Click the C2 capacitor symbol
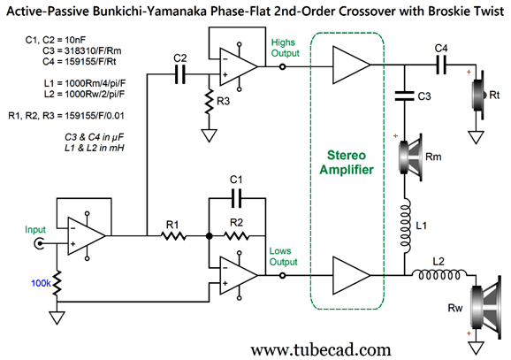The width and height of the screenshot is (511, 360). point(179,74)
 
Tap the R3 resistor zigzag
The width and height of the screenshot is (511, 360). point(209,101)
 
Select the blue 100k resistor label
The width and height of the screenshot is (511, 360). point(41,283)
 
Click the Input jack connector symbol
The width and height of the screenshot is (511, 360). point(40,243)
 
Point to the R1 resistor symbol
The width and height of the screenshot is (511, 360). point(173,235)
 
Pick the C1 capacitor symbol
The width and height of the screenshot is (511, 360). point(236,198)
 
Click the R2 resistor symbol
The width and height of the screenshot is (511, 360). point(237,235)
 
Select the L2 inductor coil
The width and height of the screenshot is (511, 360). point(439,274)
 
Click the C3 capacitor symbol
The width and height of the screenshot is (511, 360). point(405,96)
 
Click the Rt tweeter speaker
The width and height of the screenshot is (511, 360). point(478,95)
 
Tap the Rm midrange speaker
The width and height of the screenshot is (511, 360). point(410,157)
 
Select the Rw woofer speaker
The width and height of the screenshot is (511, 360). point(485,307)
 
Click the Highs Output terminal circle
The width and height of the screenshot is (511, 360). point(283,67)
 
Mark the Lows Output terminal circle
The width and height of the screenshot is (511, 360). point(283,276)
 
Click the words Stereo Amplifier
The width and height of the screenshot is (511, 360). point(347,163)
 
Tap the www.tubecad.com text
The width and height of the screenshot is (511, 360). point(321,350)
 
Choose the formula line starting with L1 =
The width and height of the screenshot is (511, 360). point(85,83)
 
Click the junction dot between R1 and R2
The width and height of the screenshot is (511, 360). point(210,236)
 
